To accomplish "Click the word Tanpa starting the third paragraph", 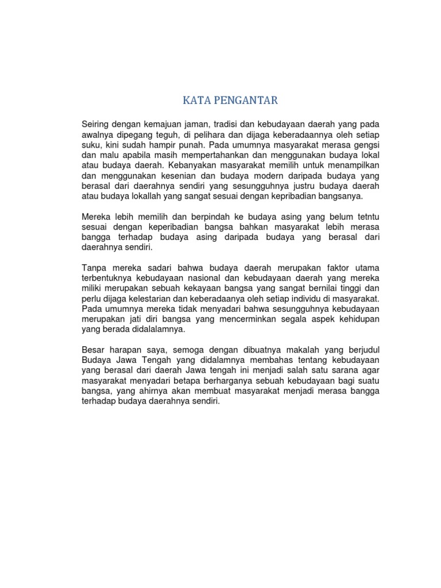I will point(95,269).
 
